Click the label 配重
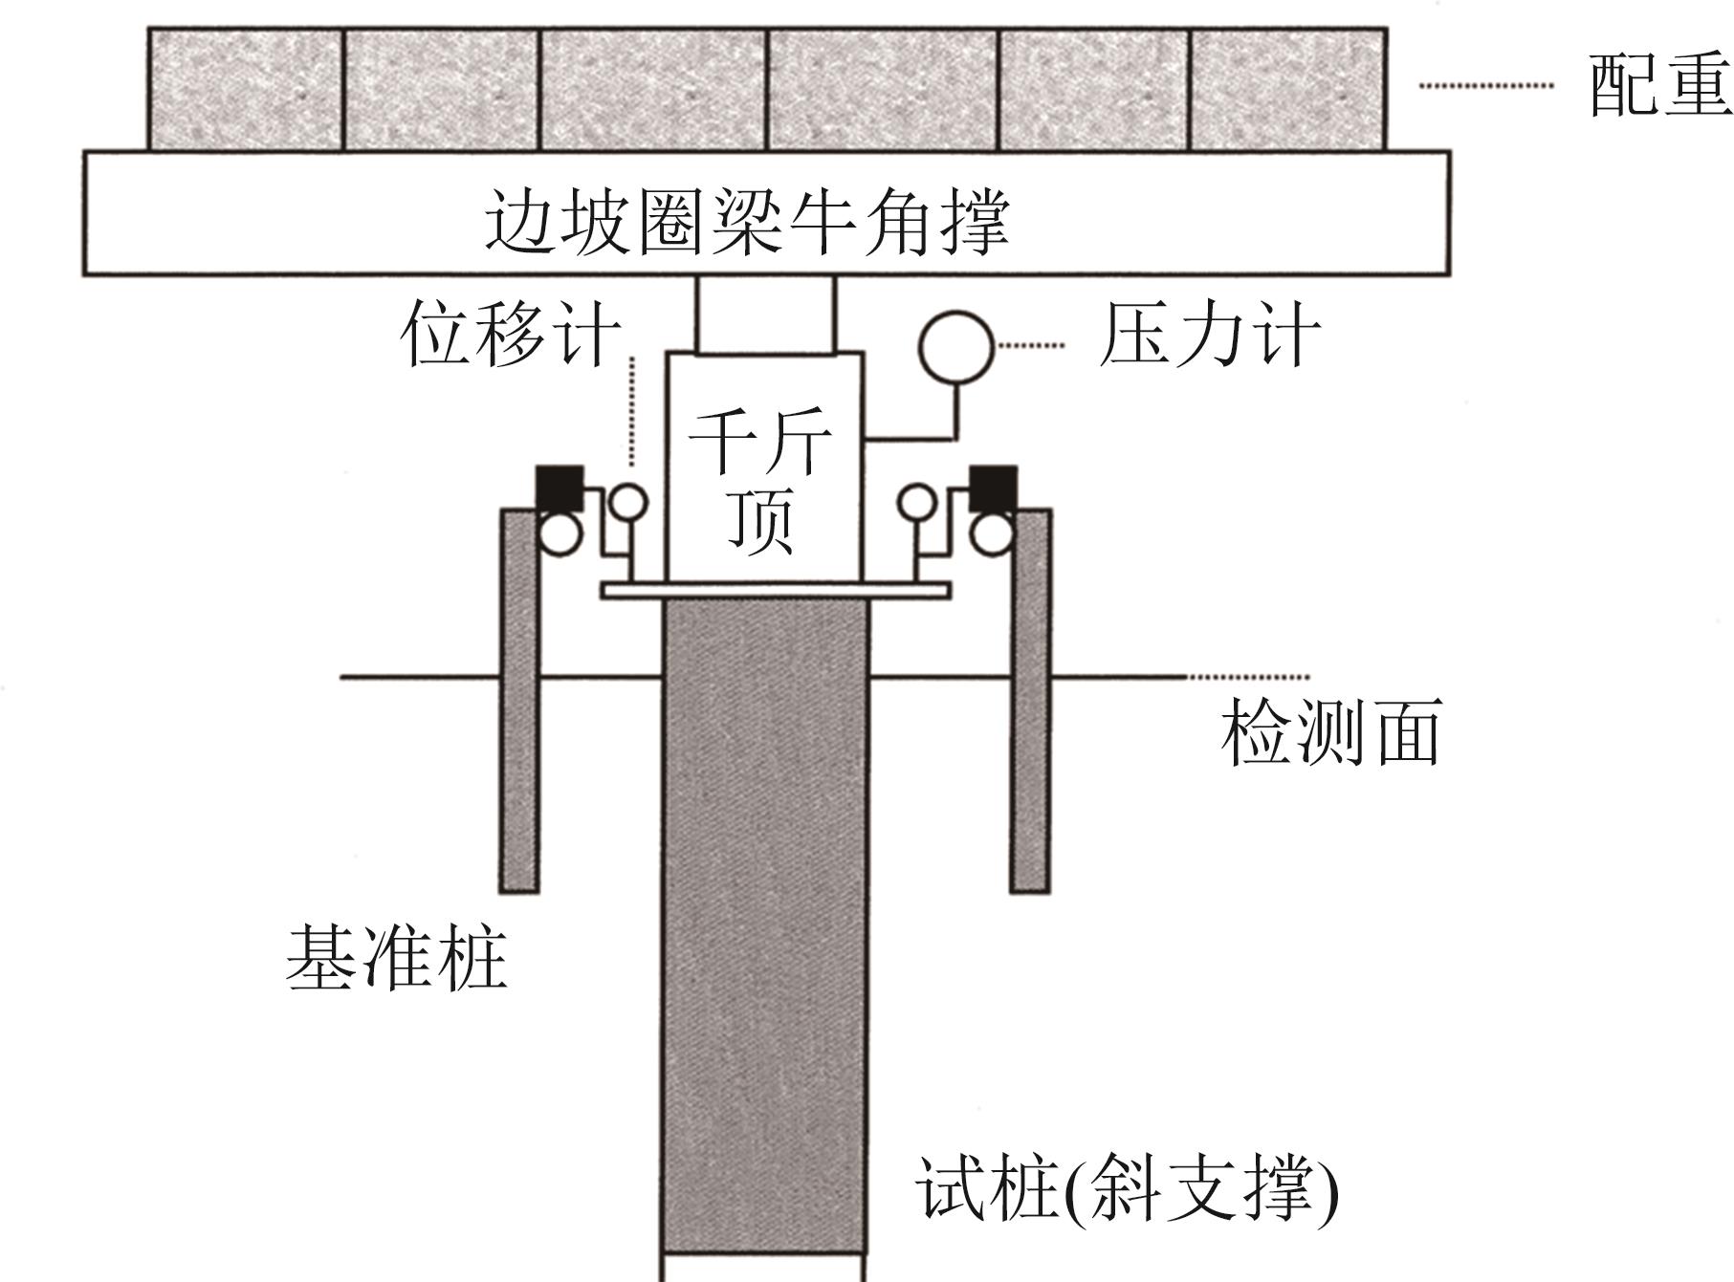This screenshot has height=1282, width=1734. (1659, 86)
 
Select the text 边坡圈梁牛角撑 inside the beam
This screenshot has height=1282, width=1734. (747, 221)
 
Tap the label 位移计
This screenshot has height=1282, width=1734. (510, 334)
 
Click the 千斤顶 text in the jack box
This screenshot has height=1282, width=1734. (760, 483)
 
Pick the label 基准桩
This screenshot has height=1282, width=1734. (396, 957)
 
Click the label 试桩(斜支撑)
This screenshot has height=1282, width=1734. (1127, 1188)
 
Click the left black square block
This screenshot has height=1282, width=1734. (559, 488)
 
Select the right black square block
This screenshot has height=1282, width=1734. (993, 488)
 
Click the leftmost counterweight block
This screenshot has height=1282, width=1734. (246, 90)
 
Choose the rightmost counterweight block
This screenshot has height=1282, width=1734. (1288, 90)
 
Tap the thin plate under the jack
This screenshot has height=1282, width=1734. (775, 591)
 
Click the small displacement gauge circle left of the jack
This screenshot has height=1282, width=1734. (628, 503)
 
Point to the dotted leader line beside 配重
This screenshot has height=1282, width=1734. (1485, 85)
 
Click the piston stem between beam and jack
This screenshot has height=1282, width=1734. (765, 315)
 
